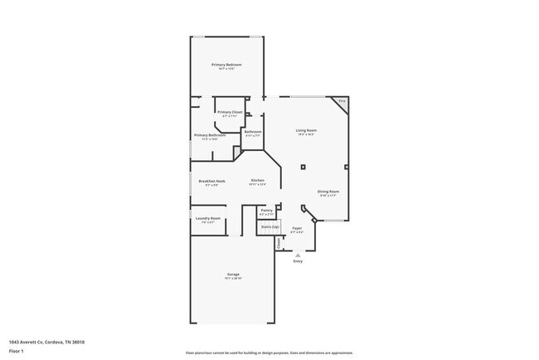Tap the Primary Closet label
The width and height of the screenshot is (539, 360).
(x=230, y=112)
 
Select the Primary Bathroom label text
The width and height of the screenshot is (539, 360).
(x=210, y=135)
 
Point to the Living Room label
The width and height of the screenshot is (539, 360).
(x=308, y=130)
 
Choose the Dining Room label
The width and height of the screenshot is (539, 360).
(x=328, y=192)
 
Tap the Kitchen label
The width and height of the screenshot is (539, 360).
(x=258, y=180)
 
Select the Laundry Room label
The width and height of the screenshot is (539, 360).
(x=208, y=218)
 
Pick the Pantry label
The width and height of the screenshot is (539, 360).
(x=267, y=211)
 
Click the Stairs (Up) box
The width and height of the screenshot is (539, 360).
(x=269, y=226)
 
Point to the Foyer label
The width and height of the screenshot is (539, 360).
(x=297, y=228)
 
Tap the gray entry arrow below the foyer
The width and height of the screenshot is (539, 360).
(x=298, y=255)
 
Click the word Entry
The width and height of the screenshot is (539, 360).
(x=298, y=261)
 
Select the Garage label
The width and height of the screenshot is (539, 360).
(x=233, y=275)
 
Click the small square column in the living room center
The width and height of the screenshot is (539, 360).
(x=303, y=167)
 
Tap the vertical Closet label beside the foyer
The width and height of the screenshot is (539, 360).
(x=279, y=243)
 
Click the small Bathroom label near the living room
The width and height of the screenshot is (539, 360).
(x=253, y=132)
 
